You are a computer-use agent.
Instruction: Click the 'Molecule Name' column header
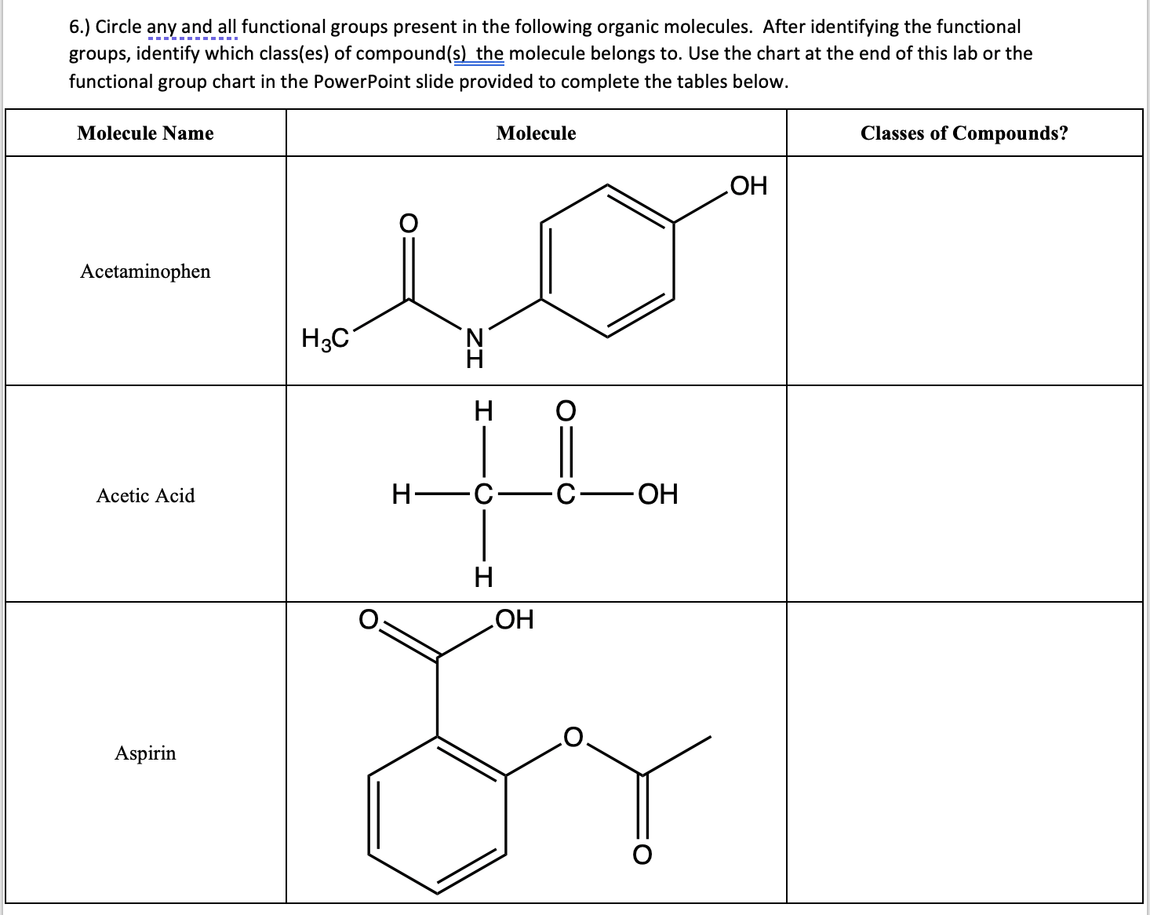[x=145, y=133]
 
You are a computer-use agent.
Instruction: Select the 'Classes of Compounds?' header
[x=964, y=133]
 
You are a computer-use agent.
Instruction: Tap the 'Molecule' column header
[x=536, y=133]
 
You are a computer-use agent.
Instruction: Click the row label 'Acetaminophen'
[x=145, y=272]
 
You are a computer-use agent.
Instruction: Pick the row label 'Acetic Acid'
[x=145, y=496]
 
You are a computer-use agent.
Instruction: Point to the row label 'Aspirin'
[x=145, y=753]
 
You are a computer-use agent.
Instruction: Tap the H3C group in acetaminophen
[x=325, y=338]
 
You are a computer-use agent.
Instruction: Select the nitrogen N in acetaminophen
[x=475, y=337]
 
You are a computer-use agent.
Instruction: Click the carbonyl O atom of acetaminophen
[x=408, y=223]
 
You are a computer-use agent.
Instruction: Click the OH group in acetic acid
[x=658, y=494]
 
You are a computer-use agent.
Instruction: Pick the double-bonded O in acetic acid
[x=566, y=410]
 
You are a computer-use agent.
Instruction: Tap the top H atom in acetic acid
[x=484, y=410]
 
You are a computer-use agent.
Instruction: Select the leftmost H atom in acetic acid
[x=402, y=494]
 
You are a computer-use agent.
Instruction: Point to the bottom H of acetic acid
[x=484, y=578]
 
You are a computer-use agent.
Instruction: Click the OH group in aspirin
[x=515, y=619]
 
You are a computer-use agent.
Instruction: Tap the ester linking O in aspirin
[x=573, y=738]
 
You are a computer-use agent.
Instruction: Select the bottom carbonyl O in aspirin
[x=642, y=855]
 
